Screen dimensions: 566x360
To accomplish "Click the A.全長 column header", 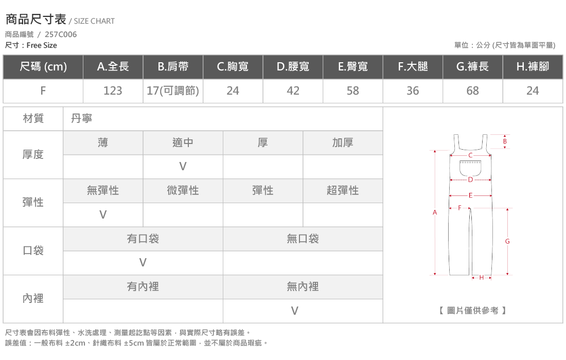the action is [113, 67].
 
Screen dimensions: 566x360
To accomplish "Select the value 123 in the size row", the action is [113, 91].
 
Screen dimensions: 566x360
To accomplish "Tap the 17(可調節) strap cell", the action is [173, 91].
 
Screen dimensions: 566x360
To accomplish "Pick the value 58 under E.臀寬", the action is [352, 91].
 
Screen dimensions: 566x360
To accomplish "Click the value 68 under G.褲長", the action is [472, 91].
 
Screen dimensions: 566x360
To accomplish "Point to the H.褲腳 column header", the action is [533, 67].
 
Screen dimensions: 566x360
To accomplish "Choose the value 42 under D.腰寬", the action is [293, 91].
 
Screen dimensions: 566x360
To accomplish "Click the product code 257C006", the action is [61, 34].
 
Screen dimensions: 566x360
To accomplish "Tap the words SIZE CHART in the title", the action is [94, 21].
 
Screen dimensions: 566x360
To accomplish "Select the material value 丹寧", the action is [82, 118].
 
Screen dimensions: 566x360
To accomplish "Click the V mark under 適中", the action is [183, 166].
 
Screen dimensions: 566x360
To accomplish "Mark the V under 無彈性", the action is [103, 214].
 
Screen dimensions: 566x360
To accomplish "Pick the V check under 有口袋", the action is [143, 263].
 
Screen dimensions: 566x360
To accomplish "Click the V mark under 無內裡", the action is [294, 311].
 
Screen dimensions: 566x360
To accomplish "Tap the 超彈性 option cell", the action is [343, 190].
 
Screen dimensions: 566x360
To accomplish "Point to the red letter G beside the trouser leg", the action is [507, 241].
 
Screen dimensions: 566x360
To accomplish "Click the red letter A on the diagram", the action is [435, 212].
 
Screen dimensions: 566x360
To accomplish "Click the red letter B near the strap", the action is [505, 141].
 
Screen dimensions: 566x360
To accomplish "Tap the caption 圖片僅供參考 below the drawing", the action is [472, 311].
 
